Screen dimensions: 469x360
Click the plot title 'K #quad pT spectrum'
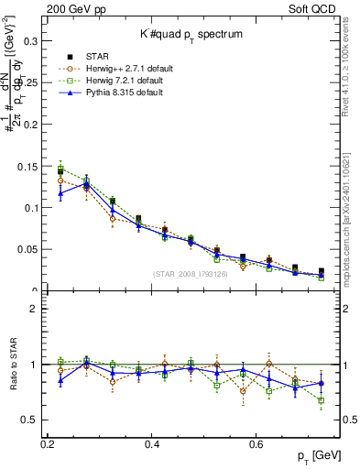coord(190,33)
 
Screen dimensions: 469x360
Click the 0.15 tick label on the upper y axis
coord(27,166)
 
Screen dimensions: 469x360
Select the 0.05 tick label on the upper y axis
coord(27,249)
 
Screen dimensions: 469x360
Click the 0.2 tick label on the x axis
coord(48,444)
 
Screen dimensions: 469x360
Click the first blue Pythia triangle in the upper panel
coord(60,193)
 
